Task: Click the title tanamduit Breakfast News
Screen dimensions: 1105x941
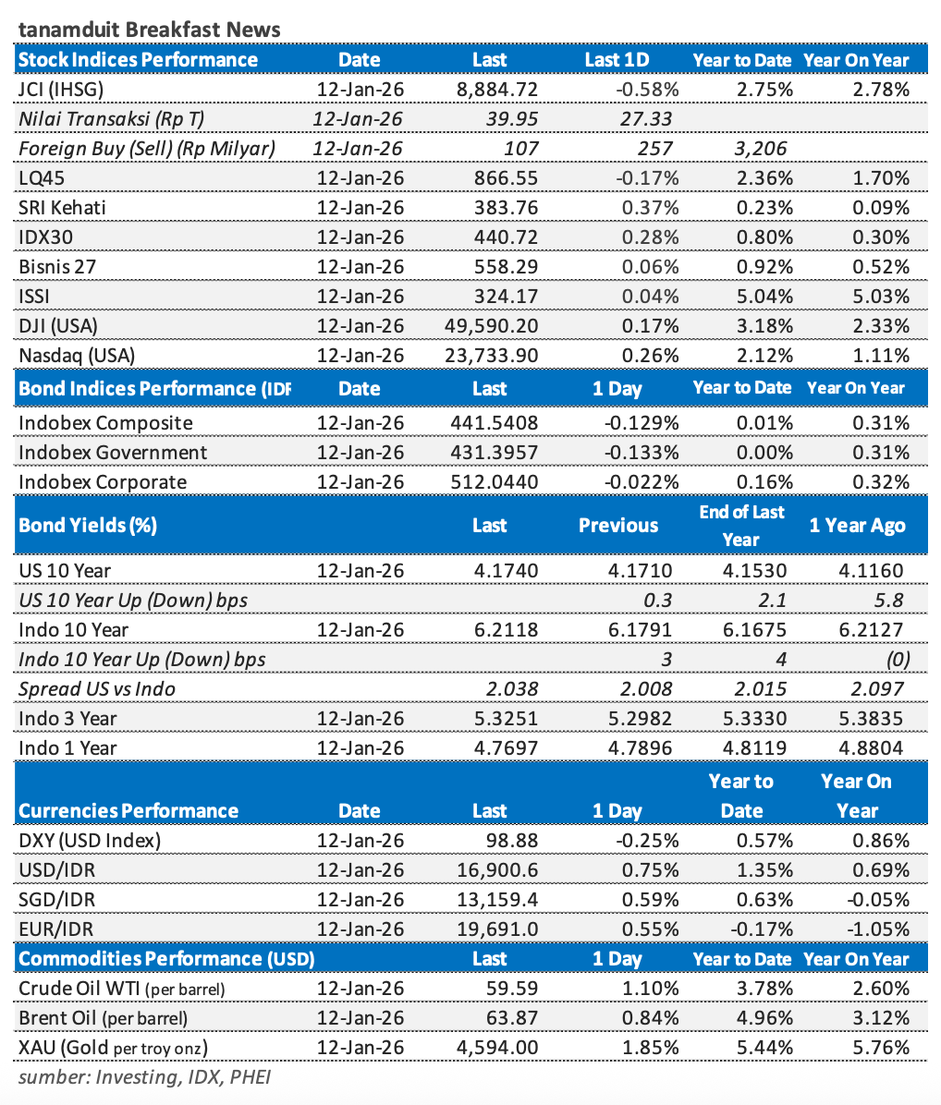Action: tap(149, 30)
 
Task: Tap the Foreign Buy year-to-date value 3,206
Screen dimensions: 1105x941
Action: tap(762, 149)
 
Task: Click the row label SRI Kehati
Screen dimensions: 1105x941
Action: tap(62, 208)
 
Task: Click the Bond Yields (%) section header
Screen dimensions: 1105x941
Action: tap(88, 526)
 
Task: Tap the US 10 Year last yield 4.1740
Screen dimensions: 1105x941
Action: tap(506, 571)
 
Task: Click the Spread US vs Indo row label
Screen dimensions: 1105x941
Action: tap(97, 689)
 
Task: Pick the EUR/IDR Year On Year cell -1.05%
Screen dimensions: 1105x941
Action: tap(875, 929)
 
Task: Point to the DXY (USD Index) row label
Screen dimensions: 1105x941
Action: tap(90, 841)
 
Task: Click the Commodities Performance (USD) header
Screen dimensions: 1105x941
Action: tap(166, 959)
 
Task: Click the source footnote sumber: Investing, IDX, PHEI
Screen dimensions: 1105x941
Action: tap(145, 1077)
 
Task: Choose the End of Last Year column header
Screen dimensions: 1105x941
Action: tap(741, 526)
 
